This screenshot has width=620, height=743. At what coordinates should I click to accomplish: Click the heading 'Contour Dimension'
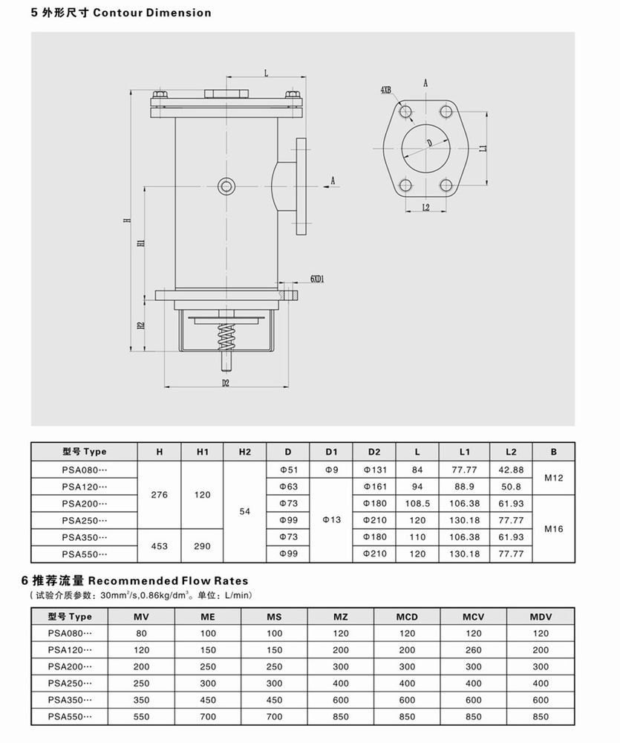point(164,13)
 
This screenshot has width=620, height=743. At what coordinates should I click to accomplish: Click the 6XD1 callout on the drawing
point(320,279)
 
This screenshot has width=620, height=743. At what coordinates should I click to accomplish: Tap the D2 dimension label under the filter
point(226,383)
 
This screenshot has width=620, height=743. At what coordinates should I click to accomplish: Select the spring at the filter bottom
point(226,341)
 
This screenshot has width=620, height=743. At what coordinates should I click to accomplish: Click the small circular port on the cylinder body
point(226,186)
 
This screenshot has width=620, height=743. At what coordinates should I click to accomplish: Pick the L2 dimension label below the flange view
point(425,207)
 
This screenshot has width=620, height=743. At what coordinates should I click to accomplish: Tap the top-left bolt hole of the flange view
point(405,112)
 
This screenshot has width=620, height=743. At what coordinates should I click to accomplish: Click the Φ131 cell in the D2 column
point(374,470)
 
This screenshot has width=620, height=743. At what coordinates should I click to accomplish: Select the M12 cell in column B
point(554,478)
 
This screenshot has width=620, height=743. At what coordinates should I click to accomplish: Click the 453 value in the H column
point(160,546)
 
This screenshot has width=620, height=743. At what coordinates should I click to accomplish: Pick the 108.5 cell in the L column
point(417,504)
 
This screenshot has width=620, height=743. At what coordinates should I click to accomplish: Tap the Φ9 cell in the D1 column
point(332,470)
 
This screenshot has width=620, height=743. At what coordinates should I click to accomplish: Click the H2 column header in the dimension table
point(245,452)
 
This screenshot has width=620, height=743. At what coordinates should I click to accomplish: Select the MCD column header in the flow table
point(407,617)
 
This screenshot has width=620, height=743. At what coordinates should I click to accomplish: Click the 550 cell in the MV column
point(142,718)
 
